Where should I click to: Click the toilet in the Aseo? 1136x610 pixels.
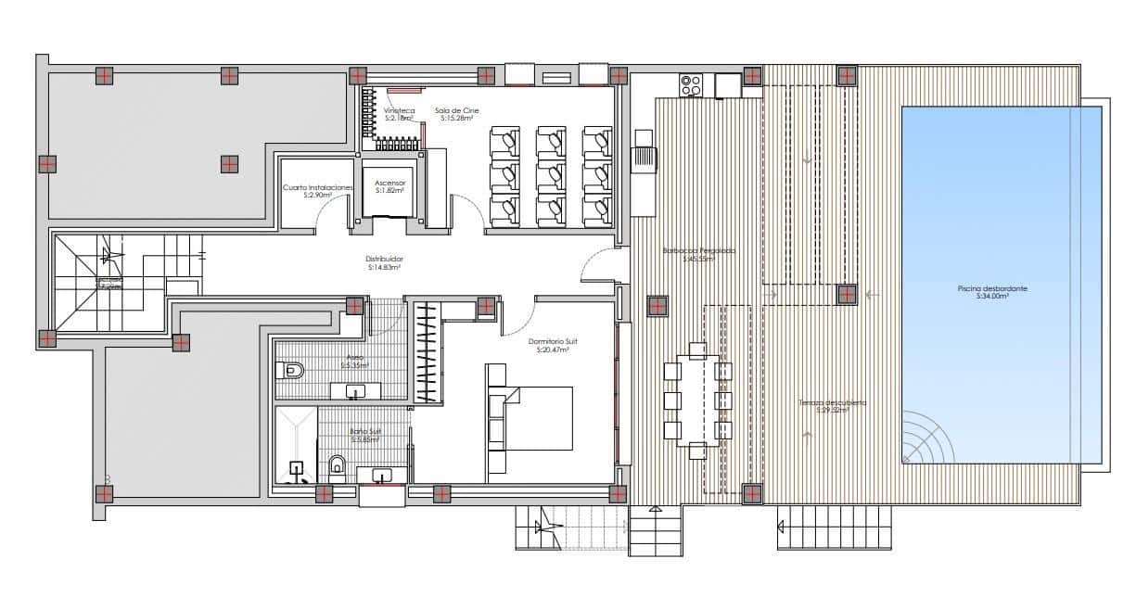click(290, 371)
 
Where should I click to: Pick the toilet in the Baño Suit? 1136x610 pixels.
click(337, 464)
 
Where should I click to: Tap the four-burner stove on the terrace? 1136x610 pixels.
click(690, 85)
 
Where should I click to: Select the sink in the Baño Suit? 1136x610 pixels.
click(382, 476)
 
